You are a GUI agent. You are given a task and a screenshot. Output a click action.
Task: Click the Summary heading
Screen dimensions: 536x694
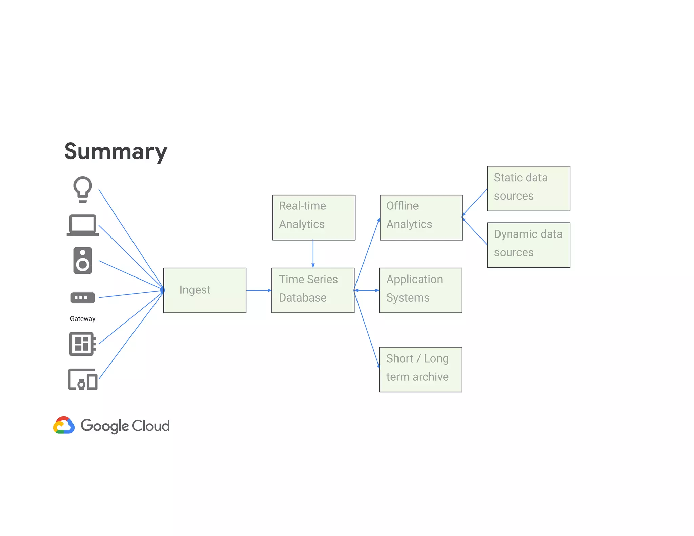[116, 151]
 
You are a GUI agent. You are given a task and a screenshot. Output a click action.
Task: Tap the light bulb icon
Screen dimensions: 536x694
[83, 189]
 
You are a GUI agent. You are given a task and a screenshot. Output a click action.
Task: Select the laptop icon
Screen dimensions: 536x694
[83, 225]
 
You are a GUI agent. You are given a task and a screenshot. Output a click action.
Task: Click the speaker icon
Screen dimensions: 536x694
[83, 261]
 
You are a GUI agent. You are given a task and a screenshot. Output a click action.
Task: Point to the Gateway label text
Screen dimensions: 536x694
[83, 319]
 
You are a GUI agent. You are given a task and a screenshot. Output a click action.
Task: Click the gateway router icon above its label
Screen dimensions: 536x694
[83, 298]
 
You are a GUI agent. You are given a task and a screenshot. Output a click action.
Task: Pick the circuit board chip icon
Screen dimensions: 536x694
[82, 344]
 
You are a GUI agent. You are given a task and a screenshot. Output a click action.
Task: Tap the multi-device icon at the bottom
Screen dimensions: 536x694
[83, 379]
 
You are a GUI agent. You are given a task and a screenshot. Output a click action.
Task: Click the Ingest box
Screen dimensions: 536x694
[205, 290]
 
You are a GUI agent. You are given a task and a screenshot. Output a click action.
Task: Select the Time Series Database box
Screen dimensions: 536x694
[313, 290]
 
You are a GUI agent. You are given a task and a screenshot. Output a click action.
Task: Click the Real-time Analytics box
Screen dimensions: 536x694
[314, 218]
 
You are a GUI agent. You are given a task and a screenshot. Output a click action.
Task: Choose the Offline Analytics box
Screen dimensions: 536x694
[421, 218]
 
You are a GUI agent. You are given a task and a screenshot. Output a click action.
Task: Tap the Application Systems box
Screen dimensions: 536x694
[420, 290]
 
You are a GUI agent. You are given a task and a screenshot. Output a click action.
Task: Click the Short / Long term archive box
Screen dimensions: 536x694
[420, 369]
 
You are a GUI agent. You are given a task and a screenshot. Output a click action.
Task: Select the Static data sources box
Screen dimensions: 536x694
[529, 188]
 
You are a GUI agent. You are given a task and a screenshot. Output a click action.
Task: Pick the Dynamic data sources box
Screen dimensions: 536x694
[529, 245]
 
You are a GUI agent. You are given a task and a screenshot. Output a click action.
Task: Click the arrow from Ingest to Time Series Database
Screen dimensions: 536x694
[259, 290]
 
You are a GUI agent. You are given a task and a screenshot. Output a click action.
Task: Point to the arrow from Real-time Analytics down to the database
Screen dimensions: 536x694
[313, 254]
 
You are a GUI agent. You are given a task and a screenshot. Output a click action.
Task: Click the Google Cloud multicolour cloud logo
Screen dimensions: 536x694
[64, 425]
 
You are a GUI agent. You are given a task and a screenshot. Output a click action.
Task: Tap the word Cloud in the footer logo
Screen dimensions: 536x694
[151, 426]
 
